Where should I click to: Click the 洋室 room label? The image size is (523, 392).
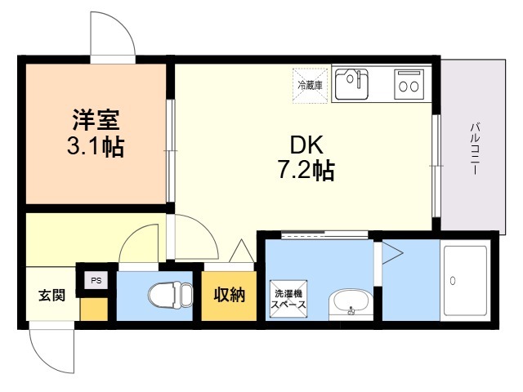(x=96, y=120)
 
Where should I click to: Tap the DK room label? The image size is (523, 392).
(x=307, y=145)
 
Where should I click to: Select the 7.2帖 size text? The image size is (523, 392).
(x=306, y=170)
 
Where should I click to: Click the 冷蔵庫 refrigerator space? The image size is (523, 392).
(x=311, y=86)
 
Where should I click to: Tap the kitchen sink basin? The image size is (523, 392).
(x=351, y=84)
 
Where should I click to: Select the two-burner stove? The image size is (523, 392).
(x=409, y=84)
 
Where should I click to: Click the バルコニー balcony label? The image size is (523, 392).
(x=475, y=149)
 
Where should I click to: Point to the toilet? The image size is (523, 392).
(x=171, y=294)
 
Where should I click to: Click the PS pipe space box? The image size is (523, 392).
(x=96, y=280)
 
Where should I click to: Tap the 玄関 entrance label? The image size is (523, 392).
(x=51, y=296)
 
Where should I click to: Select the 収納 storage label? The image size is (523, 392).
(x=229, y=295)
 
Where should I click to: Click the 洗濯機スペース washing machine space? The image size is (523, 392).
(x=288, y=299)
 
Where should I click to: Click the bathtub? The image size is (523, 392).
(x=465, y=281)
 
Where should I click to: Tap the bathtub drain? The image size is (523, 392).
(x=453, y=281)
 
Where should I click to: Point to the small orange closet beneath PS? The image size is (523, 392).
(x=94, y=309)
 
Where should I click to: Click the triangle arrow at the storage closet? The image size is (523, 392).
(x=242, y=251)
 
